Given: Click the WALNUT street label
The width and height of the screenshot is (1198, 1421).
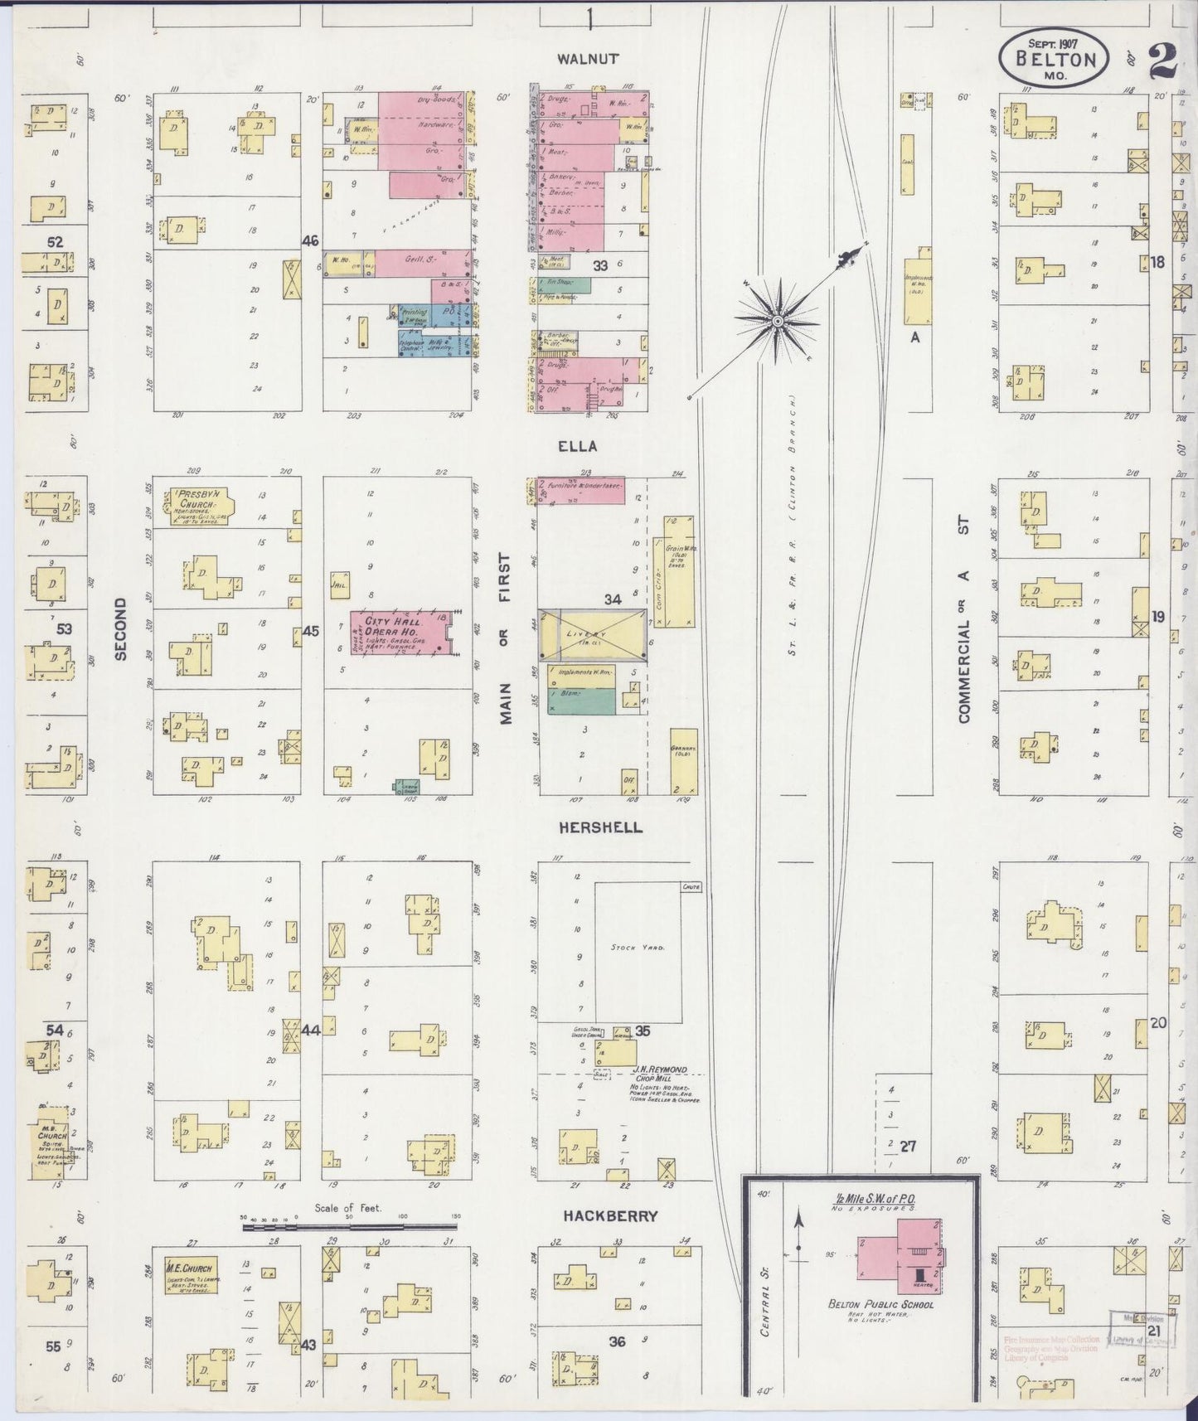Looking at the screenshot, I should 589,59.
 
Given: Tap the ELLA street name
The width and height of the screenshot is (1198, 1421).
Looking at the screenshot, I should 577,446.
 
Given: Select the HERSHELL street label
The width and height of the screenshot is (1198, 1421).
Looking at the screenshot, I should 600,827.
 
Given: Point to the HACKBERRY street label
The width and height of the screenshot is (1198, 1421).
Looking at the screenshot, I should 610,1216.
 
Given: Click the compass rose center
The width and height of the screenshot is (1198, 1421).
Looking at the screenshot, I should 778,321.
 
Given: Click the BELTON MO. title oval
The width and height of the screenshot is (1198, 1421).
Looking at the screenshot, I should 1054,60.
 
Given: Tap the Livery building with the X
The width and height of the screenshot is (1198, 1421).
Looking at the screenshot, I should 592,634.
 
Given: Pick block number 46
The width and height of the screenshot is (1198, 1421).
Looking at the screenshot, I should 310,241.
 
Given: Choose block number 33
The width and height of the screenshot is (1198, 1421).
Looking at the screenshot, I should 599,265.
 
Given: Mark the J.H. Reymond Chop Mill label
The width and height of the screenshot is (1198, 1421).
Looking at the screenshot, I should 657,1070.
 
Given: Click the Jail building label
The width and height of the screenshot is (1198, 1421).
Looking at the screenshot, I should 339,582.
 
